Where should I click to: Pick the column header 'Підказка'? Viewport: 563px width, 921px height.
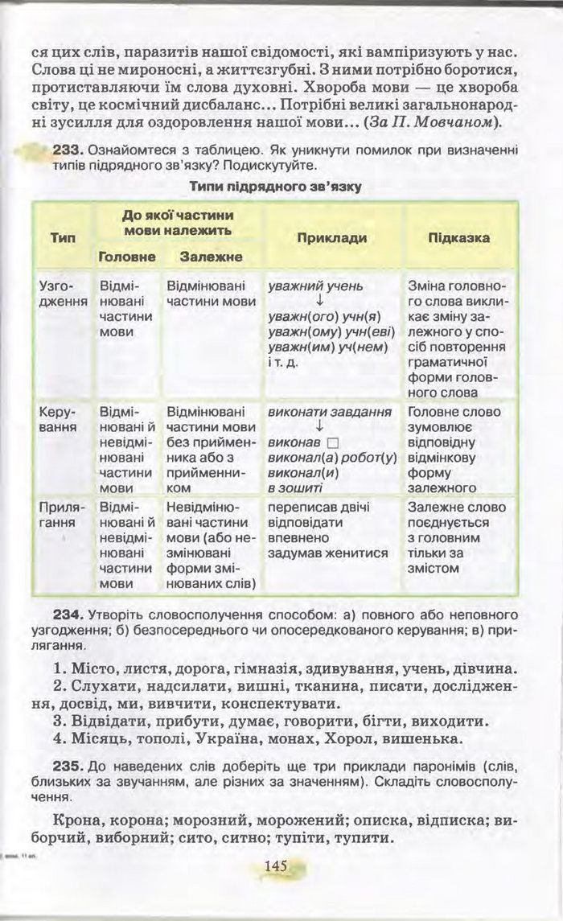[x=458, y=238]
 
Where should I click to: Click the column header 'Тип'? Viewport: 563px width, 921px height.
[x=63, y=238]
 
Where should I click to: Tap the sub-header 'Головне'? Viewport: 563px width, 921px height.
[x=126, y=257]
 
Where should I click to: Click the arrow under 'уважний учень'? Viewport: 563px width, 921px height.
[x=319, y=301]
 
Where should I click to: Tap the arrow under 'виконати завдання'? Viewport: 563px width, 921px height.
[x=319, y=427]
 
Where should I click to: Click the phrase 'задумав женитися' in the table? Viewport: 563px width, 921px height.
[x=327, y=553]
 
